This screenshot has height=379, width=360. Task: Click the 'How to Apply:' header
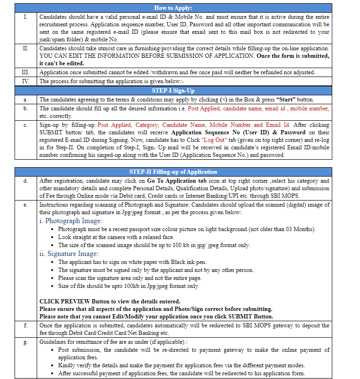[x=173, y=8]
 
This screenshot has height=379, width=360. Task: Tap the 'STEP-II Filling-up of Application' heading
[x=173, y=172]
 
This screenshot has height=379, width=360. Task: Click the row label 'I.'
[x=25, y=17]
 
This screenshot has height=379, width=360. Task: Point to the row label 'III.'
[x=25, y=72]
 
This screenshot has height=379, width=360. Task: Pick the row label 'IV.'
[x=25, y=81]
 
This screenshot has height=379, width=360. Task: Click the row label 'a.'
[x=25, y=100]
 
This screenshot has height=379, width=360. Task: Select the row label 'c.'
[x=25, y=125]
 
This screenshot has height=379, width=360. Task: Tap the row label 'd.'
[x=25, y=181]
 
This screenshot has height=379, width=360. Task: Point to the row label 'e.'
[x=25, y=205]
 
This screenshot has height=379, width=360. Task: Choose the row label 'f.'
[x=25, y=325]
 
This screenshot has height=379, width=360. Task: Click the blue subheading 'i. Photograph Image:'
[x=70, y=221]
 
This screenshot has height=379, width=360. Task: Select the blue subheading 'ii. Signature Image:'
[x=69, y=254]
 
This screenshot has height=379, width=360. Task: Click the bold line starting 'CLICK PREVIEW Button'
[x=110, y=302]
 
